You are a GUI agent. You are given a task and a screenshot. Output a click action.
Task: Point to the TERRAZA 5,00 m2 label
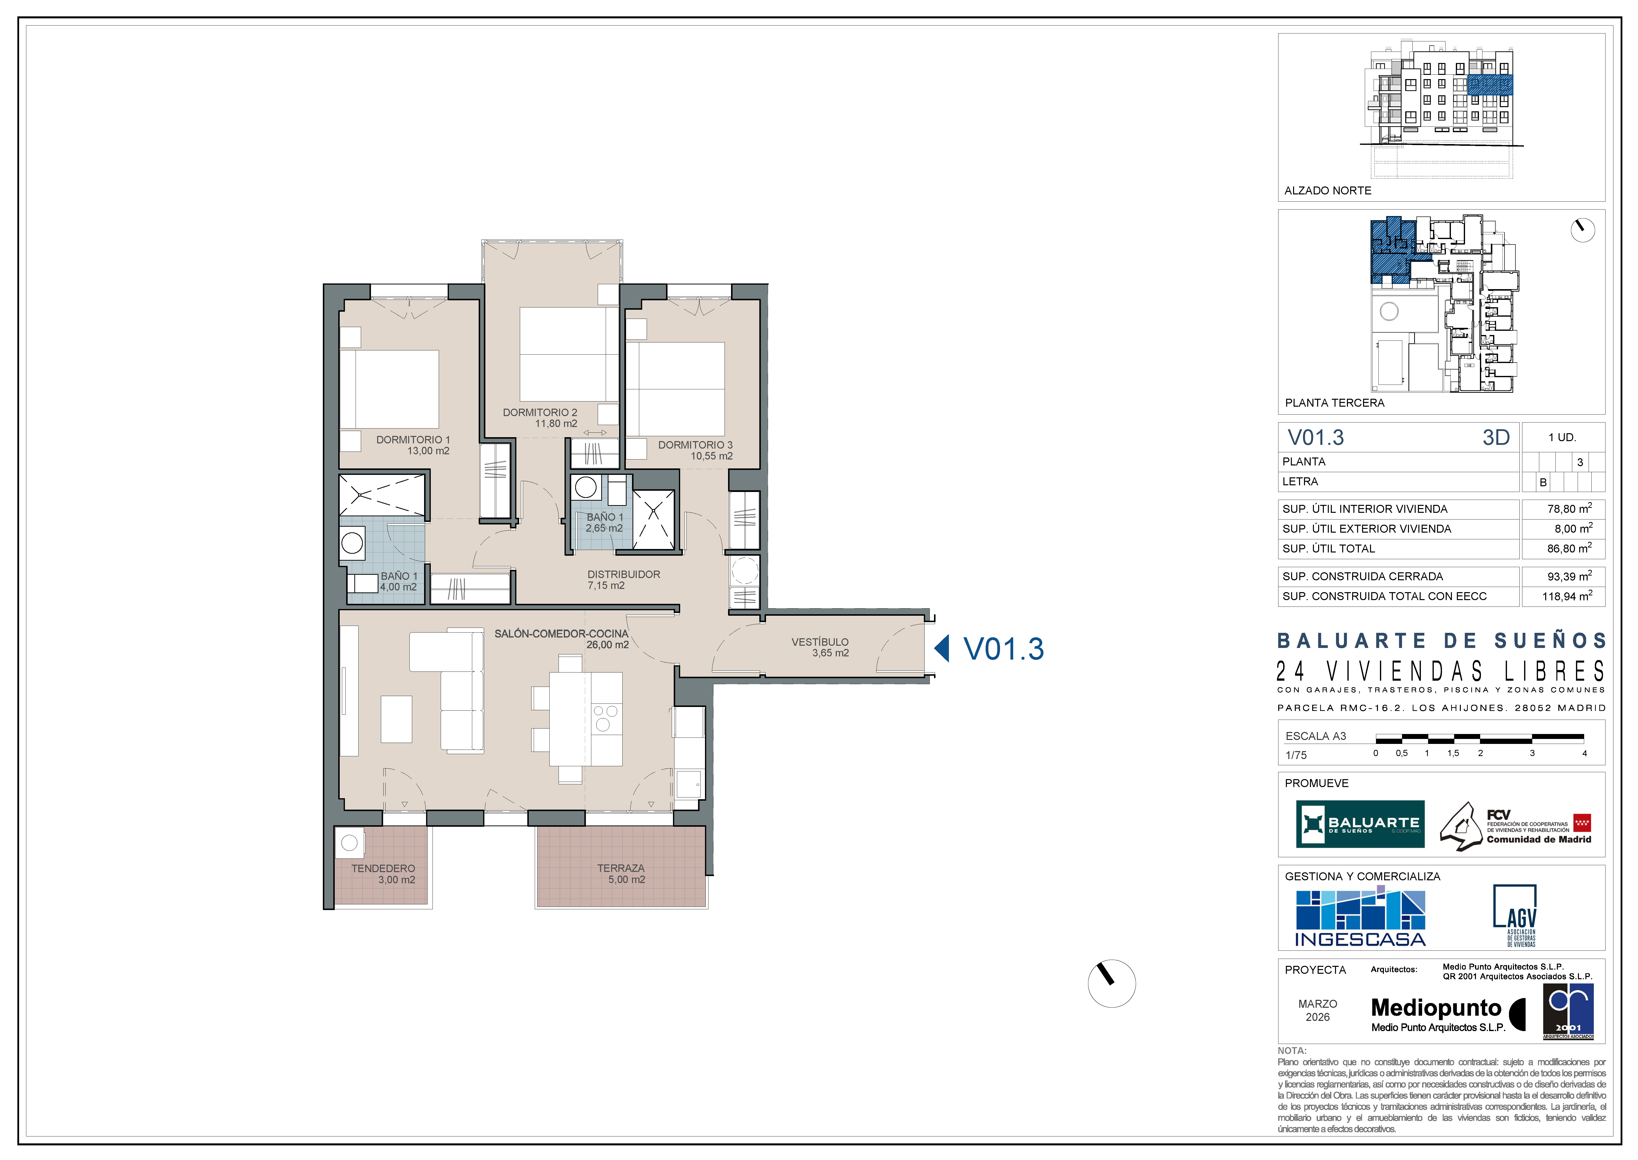coord(621,874)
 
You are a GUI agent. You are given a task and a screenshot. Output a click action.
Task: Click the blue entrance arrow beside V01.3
coord(942,649)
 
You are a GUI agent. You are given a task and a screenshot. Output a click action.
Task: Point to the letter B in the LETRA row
coord(1543,482)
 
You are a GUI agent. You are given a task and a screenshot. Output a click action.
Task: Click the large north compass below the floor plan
coord(1111,984)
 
